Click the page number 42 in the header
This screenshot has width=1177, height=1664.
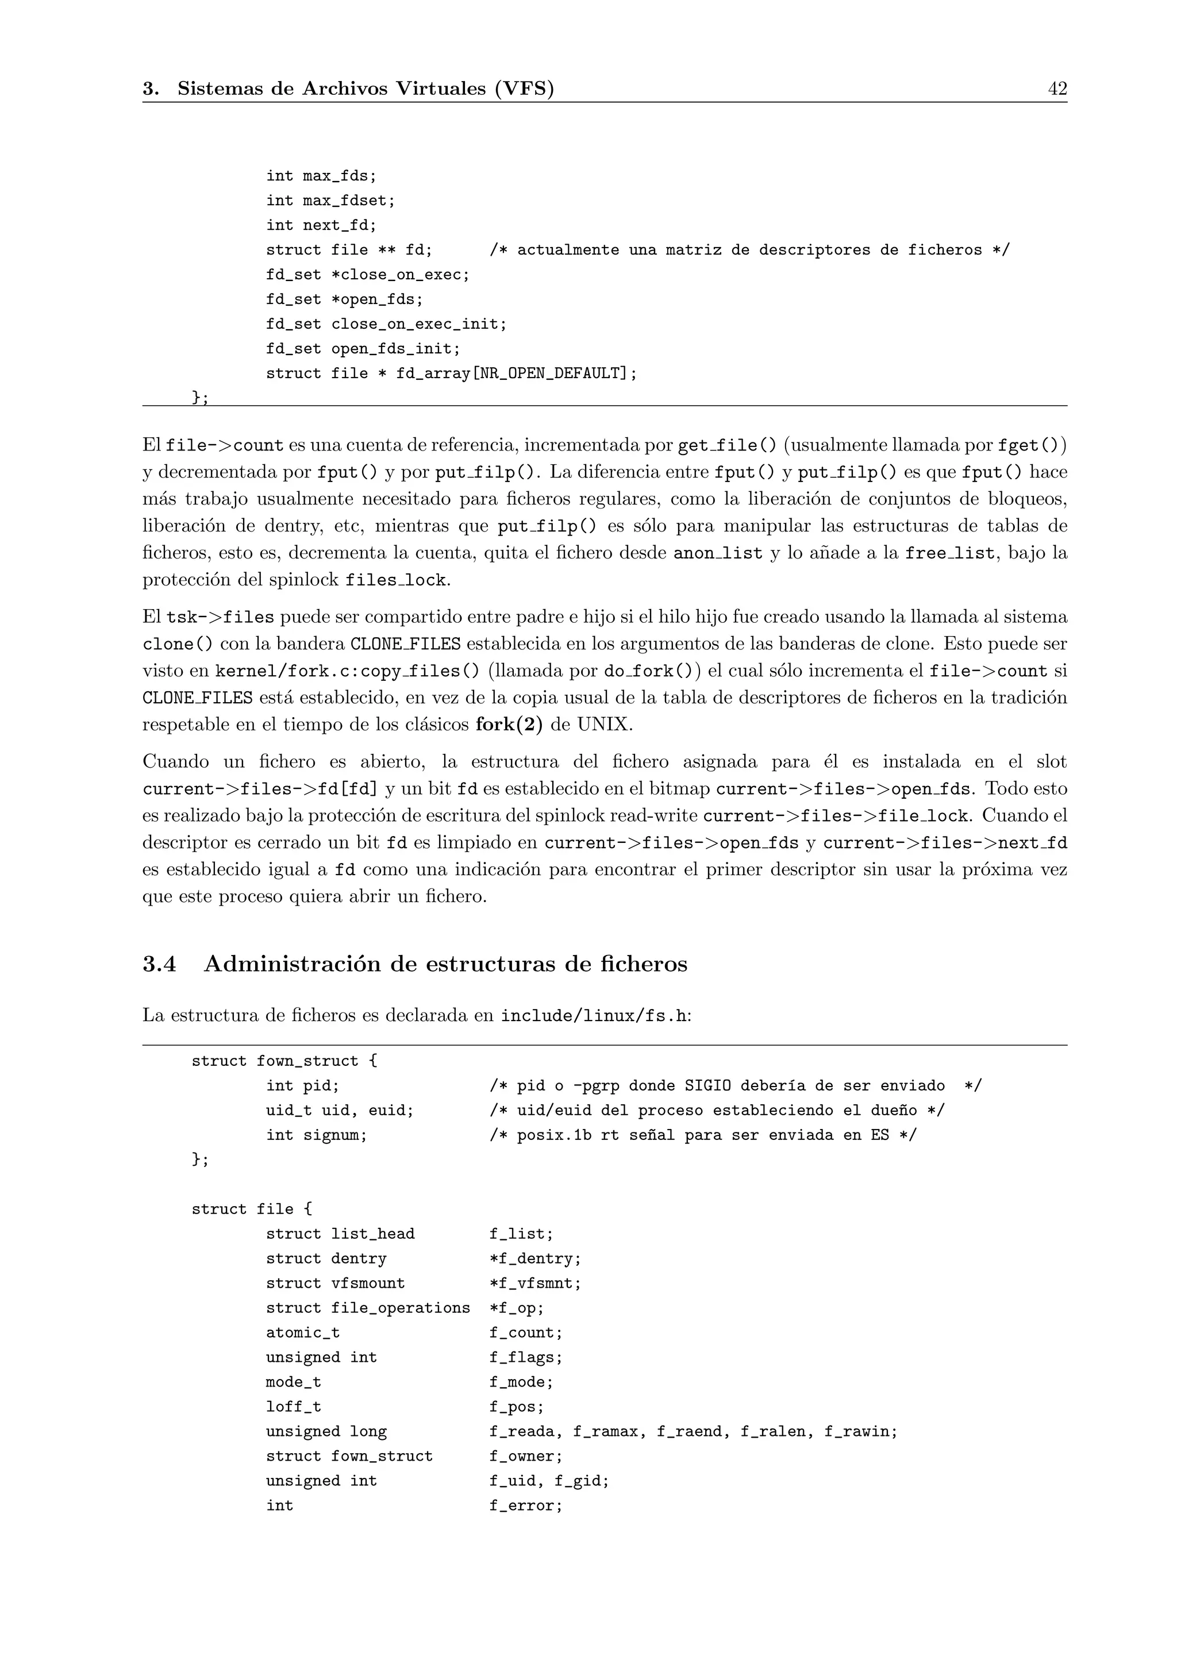point(1057,88)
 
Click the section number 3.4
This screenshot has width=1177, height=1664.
point(159,964)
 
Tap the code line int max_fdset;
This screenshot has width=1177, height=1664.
point(330,201)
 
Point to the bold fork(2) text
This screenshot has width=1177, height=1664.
point(509,725)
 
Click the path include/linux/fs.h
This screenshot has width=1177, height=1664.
point(594,1015)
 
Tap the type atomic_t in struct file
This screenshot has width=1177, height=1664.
point(302,1333)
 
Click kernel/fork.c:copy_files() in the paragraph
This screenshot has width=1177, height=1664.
point(347,671)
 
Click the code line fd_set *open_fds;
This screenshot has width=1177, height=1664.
point(344,299)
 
